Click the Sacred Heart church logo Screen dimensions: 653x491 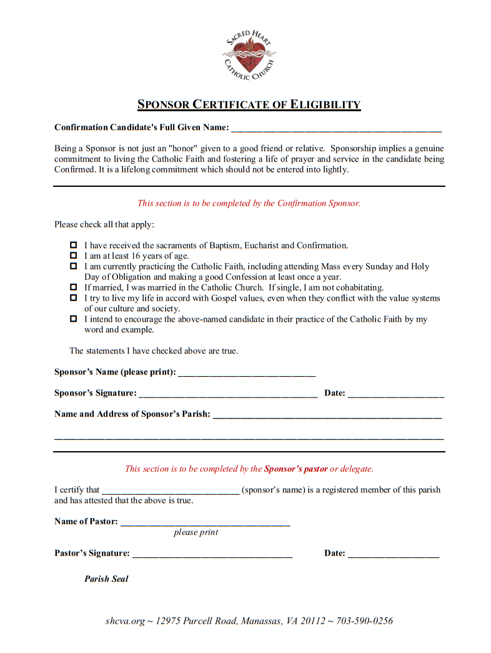[x=249, y=54]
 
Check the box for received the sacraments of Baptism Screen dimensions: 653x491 [x=73, y=245]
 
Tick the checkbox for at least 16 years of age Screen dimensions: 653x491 [x=73, y=256]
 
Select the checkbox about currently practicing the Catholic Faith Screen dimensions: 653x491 [x=73, y=266]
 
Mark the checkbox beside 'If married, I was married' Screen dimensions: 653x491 [x=73, y=287]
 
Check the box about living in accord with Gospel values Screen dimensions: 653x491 [x=73, y=298]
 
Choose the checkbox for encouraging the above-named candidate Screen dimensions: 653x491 [x=73, y=319]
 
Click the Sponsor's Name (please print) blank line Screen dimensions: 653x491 [x=247, y=374]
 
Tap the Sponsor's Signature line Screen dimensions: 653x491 [x=228, y=395]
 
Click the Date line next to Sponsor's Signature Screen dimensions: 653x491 [x=396, y=395]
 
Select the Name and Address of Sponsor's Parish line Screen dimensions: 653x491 [x=327, y=416]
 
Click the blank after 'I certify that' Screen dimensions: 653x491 [x=170, y=492]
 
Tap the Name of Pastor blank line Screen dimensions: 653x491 [x=205, y=524]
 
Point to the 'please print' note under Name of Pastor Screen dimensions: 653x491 [x=196, y=532]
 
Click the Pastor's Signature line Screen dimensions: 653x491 [x=212, y=555]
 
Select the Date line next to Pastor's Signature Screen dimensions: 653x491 [x=394, y=555]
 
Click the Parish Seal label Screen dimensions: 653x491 [x=106, y=579]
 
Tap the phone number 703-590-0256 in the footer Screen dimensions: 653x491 [x=365, y=621]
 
